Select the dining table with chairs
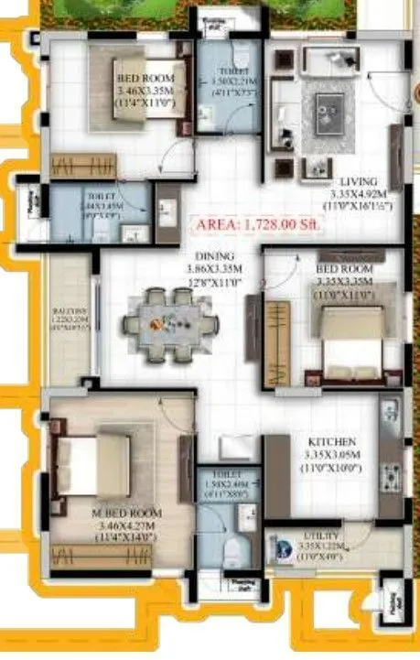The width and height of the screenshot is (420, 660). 170,323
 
